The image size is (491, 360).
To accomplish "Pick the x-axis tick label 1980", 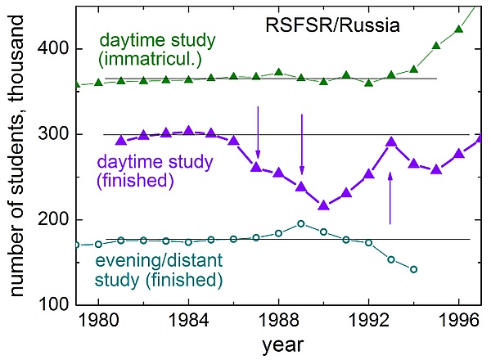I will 98,318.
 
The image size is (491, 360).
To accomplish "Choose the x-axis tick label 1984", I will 188,318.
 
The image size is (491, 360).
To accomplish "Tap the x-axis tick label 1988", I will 278,318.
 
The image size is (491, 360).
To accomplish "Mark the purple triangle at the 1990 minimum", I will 323,205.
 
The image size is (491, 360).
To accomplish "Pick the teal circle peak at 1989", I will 301,223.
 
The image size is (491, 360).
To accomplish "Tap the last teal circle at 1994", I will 413,269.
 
